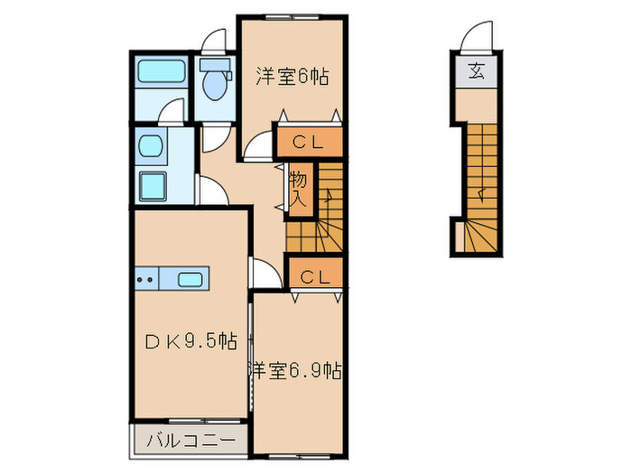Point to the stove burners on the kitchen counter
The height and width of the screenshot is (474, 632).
(x=144, y=279)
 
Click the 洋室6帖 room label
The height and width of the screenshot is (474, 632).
(x=291, y=76)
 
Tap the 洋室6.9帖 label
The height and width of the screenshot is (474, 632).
(x=295, y=369)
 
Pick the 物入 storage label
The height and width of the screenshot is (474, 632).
(x=299, y=190)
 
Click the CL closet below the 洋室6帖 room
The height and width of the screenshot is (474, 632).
(x=309, y=142)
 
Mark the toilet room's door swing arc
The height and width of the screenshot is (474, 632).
(x=215, y=41)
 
